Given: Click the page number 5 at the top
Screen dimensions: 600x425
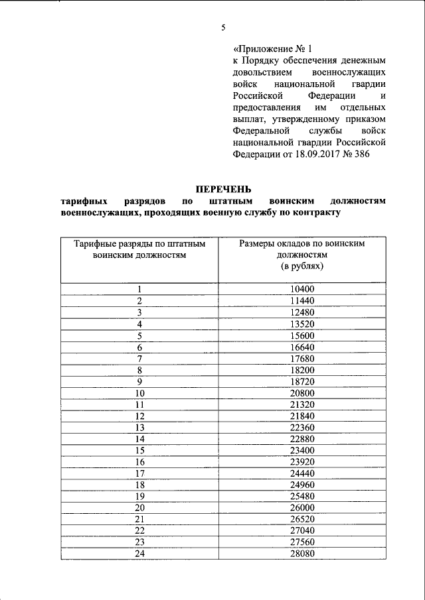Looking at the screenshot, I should [223, 27].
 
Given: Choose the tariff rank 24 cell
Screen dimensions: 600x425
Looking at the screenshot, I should [140, 554].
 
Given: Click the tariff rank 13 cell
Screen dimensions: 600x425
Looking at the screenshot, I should [140, 427].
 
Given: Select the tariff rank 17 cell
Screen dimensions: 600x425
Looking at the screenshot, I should [140, 473].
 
